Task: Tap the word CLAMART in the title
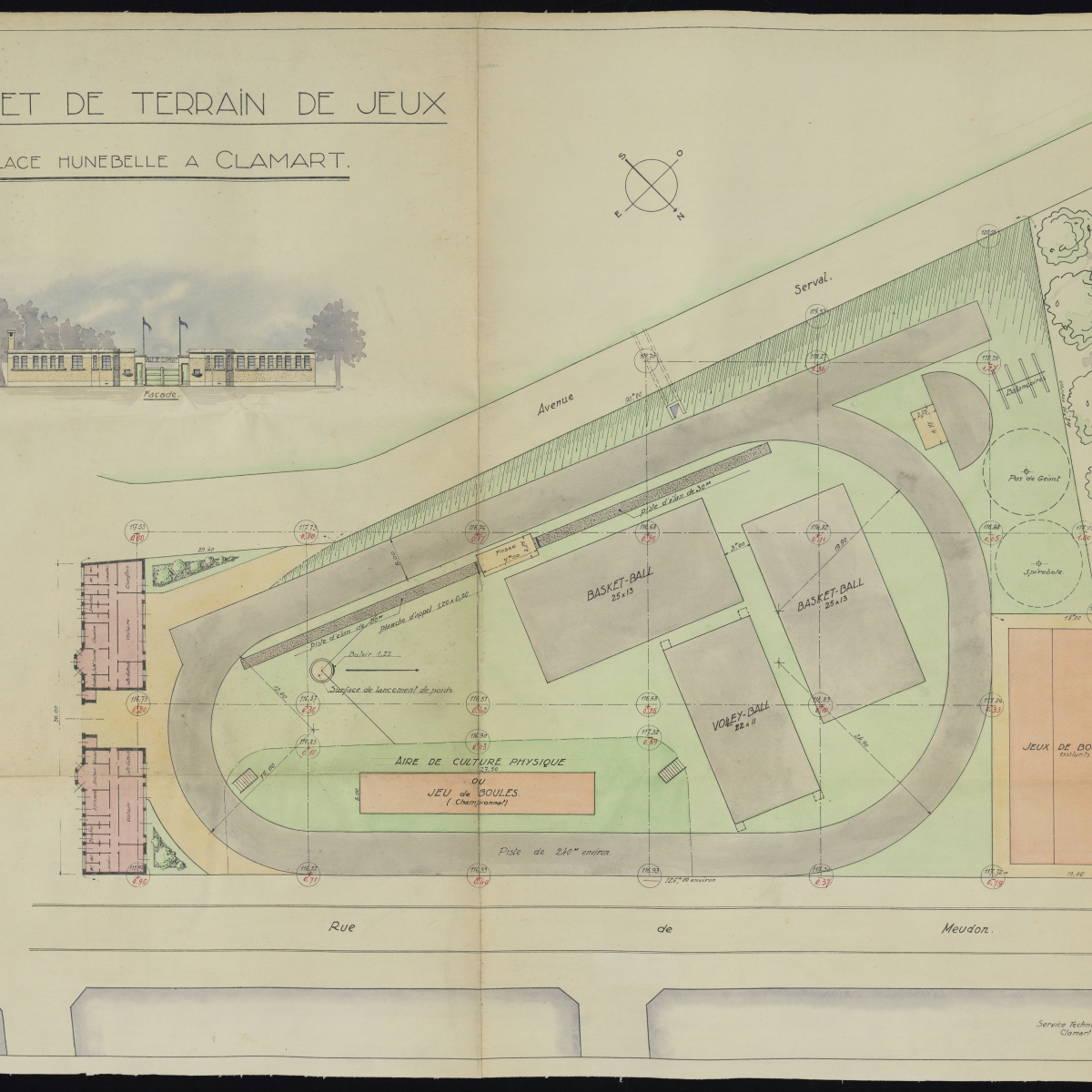click(x=282, y=160)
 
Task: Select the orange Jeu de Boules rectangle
click(x=477, y=794)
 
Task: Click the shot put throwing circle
click(x=321, y=672)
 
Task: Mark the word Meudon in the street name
click(x=970, y=930)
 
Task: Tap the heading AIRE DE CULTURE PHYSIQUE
click(x=480, y=761)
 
